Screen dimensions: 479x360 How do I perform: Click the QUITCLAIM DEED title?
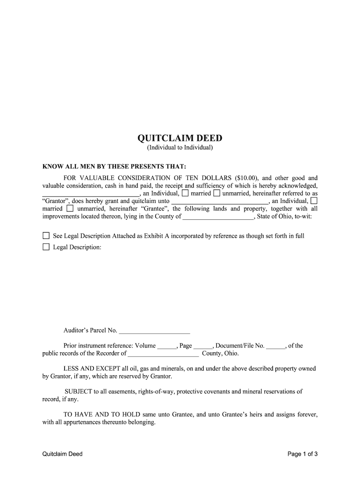click(x=180, y=138)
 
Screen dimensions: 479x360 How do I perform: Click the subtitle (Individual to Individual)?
click(x=180, y=148)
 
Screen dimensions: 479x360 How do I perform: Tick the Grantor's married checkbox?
click(x=186, y=193)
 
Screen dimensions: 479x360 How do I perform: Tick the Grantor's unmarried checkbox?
click(x=216, y=193)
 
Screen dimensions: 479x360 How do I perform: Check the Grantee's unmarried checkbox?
click(x=70, y=209)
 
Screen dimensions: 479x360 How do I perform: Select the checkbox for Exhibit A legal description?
click(x=46, y=236)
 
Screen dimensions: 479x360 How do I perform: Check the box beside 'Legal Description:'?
click(x=46, y=247)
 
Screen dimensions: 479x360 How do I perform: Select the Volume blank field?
click(x=167, y=347)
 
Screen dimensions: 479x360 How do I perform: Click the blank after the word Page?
click(x=203, y=347)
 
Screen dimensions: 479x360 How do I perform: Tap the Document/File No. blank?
click(x=276, y=347)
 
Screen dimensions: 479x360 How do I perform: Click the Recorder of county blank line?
click(x=163, y=355)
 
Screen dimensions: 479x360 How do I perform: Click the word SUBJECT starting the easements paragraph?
click(x=79, y=392)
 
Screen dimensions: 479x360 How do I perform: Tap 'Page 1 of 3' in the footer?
click(x=303, y=454)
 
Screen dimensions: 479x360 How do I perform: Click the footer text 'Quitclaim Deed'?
click(x=62, y=454)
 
